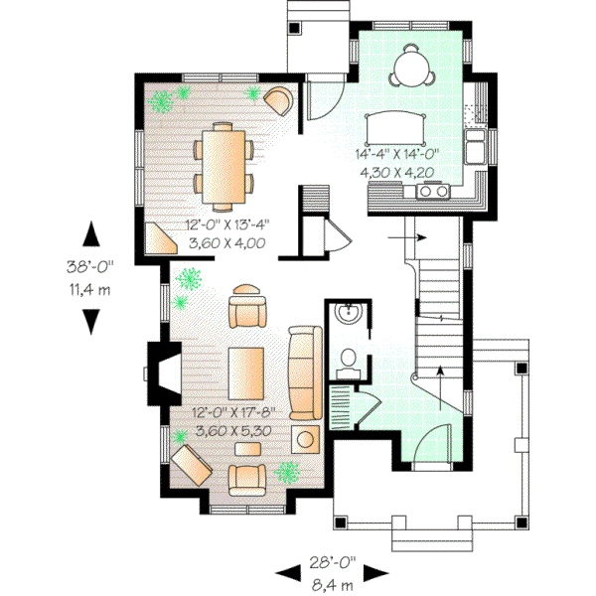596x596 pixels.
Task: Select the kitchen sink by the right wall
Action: click(478, 147)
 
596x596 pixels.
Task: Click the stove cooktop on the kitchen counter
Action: click(435, 193)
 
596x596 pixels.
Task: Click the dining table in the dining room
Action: click(224, 158)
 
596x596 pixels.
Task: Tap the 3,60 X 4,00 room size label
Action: click(224, 241)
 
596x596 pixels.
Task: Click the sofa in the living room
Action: click(304, 369)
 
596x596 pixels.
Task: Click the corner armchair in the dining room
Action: click(278, 99)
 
